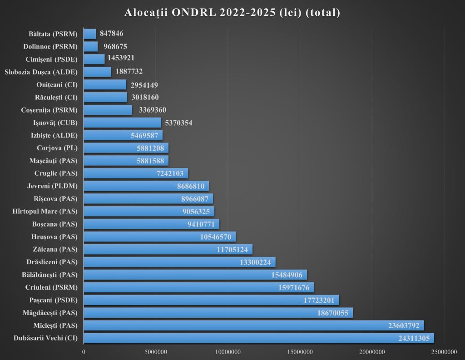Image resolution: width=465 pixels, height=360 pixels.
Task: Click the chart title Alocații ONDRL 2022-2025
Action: coord(232,13)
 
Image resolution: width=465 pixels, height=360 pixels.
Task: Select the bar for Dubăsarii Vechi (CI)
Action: coord(259,338)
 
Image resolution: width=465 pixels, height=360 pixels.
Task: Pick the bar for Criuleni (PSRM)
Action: coord(198,287)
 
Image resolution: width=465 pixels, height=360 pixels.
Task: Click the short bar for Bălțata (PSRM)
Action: coord(90,34)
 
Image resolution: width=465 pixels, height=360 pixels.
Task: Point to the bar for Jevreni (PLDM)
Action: coord(146,185)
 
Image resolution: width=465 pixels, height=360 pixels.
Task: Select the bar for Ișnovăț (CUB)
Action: coord(122,122)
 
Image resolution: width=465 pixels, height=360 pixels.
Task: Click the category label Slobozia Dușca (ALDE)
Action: coord(41,72)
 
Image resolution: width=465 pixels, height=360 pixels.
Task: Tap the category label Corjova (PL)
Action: coord(57,148)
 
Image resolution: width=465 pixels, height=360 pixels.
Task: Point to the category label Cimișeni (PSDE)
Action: coord(52,59)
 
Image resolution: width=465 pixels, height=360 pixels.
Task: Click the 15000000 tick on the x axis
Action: coord(300,351)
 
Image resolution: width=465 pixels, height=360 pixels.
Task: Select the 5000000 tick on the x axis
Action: coord(156,351)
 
